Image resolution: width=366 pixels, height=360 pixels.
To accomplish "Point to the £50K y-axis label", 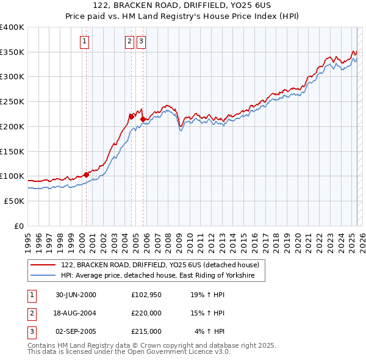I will tap(14, 201).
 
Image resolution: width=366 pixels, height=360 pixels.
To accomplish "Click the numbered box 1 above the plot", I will tap(84, 41).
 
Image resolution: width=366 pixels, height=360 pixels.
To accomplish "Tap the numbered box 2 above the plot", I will tap(130, 41).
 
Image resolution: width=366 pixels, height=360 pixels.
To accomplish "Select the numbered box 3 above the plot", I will tap(141, 41).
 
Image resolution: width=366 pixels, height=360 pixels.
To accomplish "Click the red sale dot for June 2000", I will tap(86, 175).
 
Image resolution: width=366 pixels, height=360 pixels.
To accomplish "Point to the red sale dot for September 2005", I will tap(142, 119).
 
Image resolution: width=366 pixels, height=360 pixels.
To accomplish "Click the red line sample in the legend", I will tap(43, 265).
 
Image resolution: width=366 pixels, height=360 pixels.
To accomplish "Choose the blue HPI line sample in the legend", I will tap(43, 276).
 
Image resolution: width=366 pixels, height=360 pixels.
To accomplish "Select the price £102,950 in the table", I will tap(146, 295).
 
